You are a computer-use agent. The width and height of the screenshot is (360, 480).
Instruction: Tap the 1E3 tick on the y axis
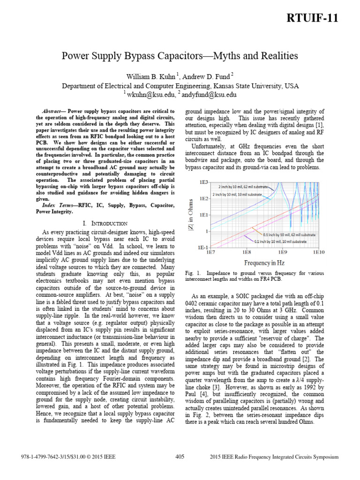click(202, 181)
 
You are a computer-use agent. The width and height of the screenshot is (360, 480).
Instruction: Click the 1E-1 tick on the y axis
click(202, 247)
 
